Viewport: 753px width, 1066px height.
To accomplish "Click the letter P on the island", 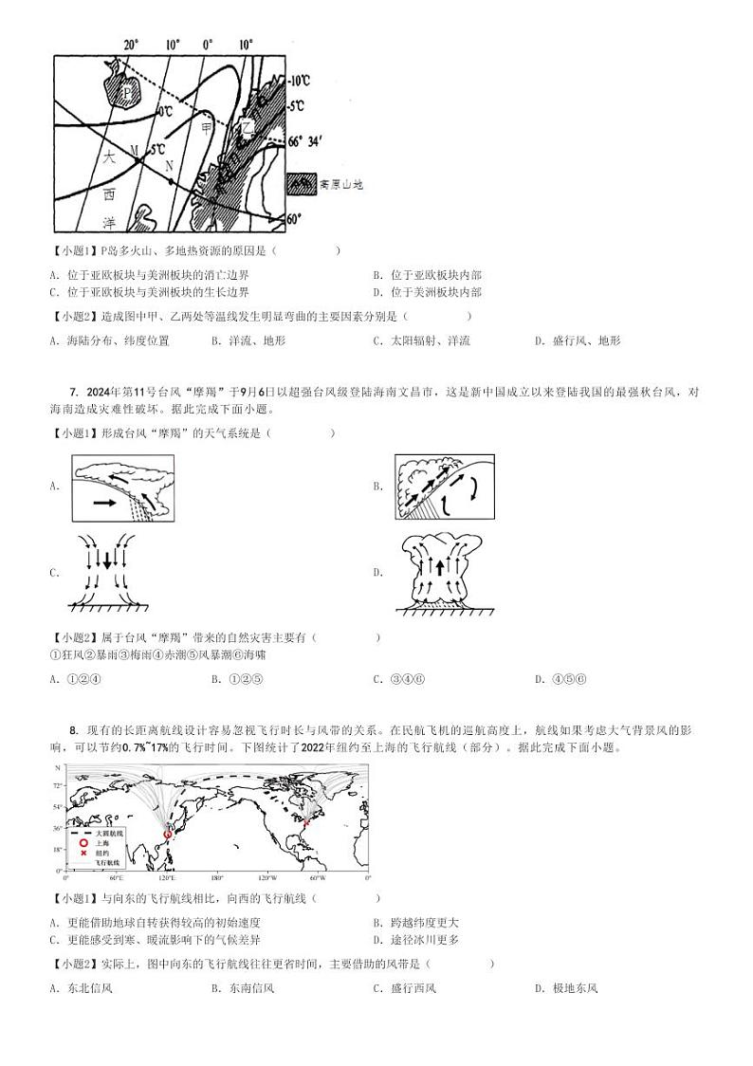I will tap(129, 92).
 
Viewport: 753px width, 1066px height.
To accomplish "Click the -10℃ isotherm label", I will tap(299, 82).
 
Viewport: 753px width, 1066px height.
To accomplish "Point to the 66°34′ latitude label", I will tap(306, 141).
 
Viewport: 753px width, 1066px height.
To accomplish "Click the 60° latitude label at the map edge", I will tap(295, 219).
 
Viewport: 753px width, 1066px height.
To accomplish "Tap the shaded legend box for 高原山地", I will tap(303, 184).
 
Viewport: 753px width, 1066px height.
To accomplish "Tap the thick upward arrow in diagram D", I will tap(439, 568).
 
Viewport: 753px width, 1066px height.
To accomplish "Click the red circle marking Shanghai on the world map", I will tap(167, 834).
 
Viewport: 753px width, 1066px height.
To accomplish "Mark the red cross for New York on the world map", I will tap(306, 823).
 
